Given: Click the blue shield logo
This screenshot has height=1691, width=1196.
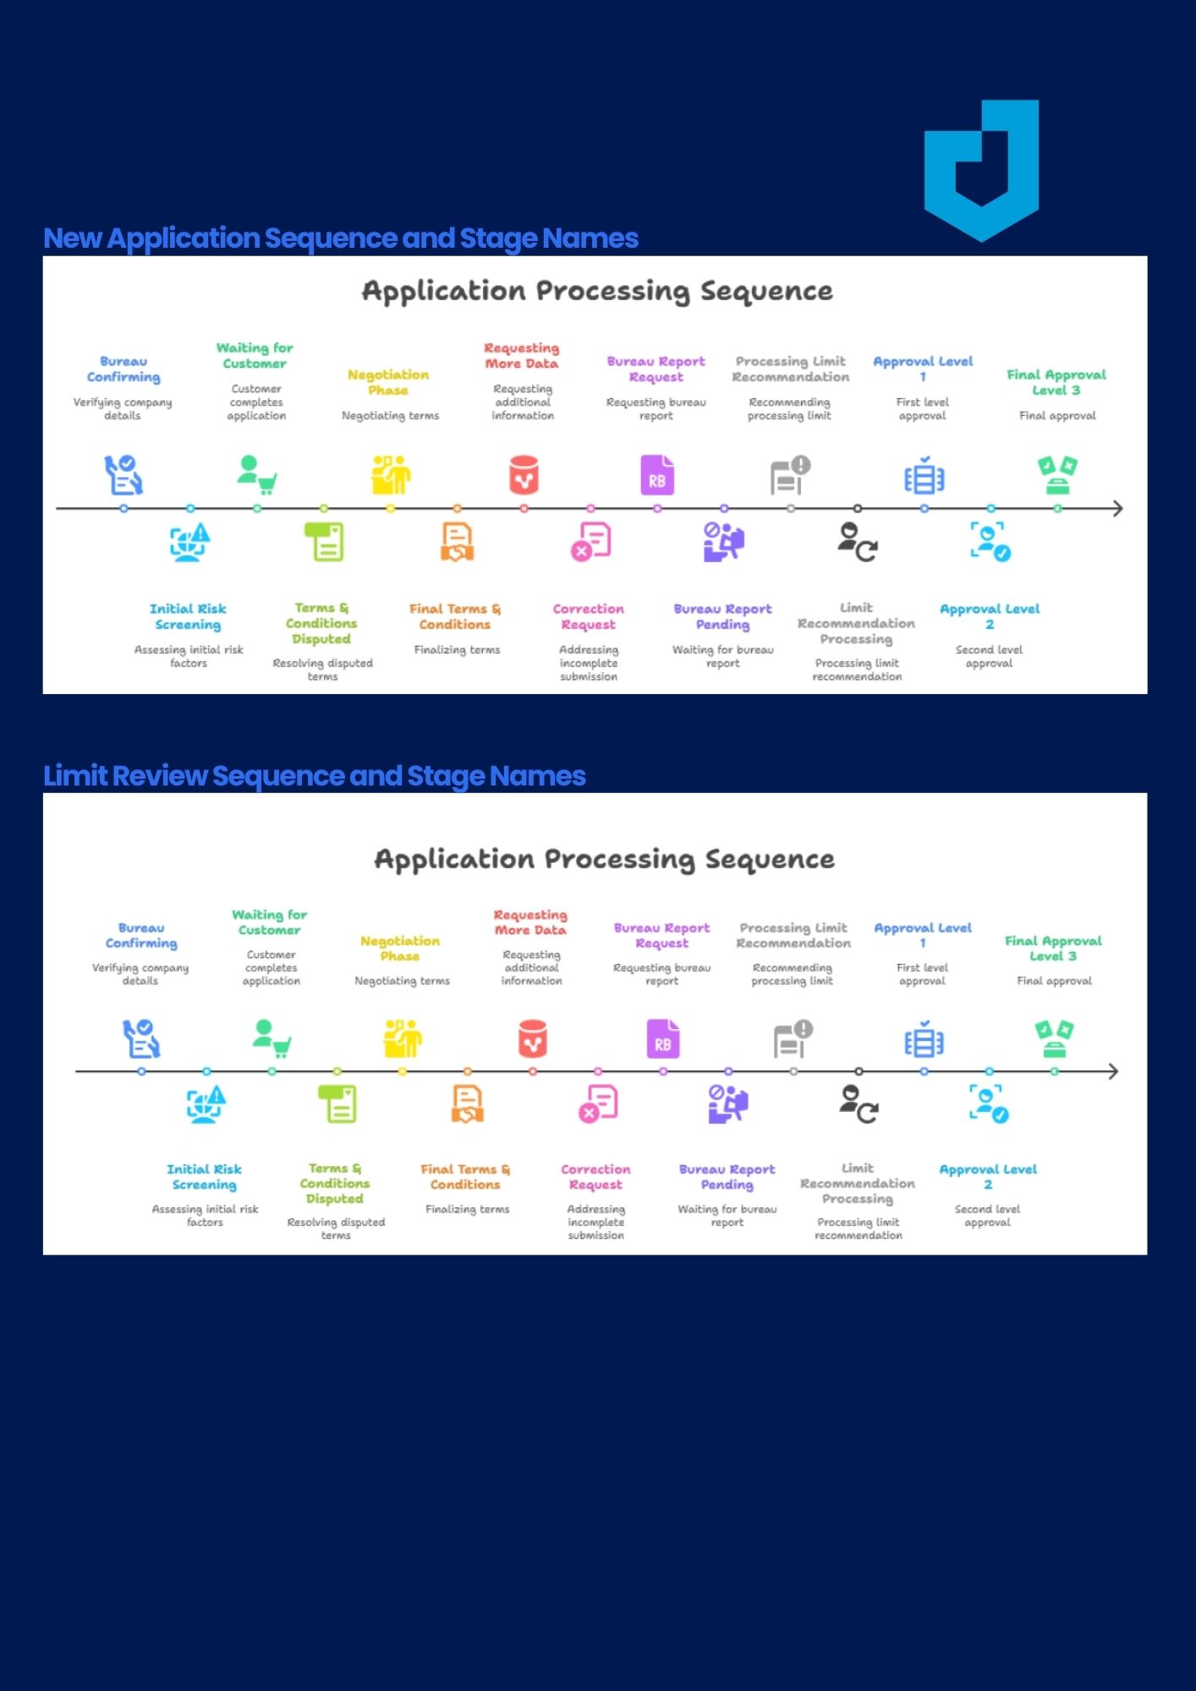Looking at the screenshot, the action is (981, 169).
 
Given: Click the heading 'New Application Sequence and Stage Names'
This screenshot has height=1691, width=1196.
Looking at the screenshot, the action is (340, 238).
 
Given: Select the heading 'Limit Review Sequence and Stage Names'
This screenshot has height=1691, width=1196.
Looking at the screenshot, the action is (314, 775).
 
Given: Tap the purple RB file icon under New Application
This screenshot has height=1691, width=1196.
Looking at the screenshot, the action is (657, 475).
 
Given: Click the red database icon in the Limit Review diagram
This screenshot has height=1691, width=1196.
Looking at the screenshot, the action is (533, 1039).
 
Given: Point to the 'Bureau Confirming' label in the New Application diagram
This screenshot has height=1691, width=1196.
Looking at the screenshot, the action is (123, 369).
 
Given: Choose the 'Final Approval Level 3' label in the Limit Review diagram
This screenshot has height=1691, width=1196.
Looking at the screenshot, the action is (1053, 948).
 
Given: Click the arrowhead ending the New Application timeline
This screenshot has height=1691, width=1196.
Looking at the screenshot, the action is (1117, 508).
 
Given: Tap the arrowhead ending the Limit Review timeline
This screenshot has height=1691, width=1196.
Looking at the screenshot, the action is (1113, 1071).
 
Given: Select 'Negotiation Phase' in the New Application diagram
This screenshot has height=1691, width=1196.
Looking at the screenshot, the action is (388, 382).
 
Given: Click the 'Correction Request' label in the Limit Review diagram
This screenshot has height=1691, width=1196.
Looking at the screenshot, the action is (595, 1176).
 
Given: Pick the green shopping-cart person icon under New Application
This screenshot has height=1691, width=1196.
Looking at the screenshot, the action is (256, 474).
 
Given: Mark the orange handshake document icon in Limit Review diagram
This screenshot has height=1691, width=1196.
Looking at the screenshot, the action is (467, 1104).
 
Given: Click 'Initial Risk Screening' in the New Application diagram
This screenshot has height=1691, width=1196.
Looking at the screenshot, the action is (188, 616).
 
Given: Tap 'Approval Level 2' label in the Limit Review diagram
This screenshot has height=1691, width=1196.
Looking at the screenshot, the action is (988, 1176).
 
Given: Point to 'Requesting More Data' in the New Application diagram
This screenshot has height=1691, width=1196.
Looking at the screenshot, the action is (522, 355).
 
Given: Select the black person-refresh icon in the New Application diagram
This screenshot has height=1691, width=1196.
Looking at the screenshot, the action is (858, 542).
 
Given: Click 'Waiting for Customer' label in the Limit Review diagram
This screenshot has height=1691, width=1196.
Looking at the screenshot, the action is (269, 922).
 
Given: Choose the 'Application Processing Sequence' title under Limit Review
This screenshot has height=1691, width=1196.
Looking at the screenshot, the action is (604, 859).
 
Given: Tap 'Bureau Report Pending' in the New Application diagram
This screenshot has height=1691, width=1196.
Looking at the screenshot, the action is (723, 616).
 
